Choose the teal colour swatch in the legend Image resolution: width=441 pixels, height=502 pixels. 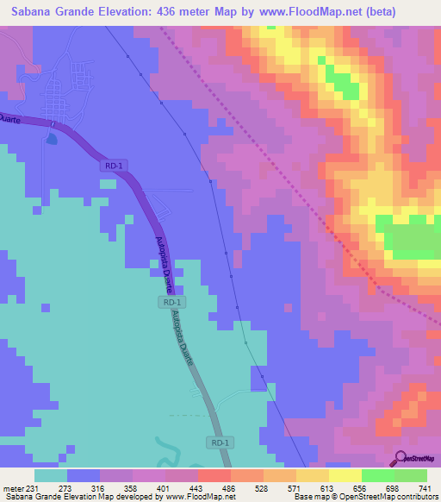[51, 475]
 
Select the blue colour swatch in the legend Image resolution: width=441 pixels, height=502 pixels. [84, 475]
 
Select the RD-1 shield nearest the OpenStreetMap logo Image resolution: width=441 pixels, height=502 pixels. [220, 442]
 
